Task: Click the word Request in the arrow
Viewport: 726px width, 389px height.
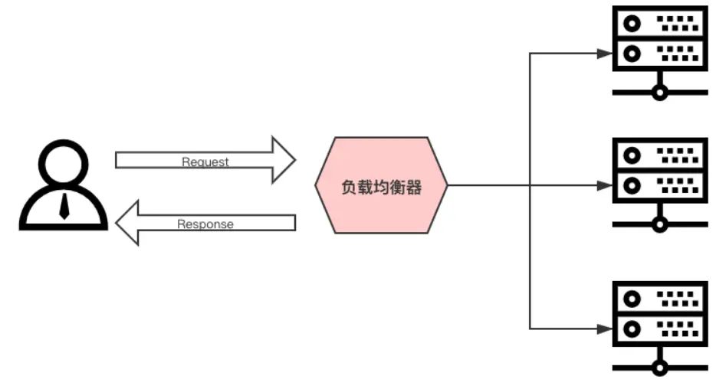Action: (205, 162)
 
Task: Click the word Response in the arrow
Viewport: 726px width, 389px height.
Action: (205, 224)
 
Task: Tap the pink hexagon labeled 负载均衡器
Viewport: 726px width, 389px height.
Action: (381, 185)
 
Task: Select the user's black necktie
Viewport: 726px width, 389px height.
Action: (64, 206)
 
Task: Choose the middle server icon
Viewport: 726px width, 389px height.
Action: (659, 172)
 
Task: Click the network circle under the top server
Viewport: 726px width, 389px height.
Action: (659, 93)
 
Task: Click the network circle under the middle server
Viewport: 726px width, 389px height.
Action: (659, 224)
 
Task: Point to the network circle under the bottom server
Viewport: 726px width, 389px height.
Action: (659, 368)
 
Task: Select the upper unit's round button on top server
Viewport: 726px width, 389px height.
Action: (632, 24)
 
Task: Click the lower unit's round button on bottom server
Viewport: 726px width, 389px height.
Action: (632, 329)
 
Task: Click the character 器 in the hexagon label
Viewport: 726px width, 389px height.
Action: (414, 187)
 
